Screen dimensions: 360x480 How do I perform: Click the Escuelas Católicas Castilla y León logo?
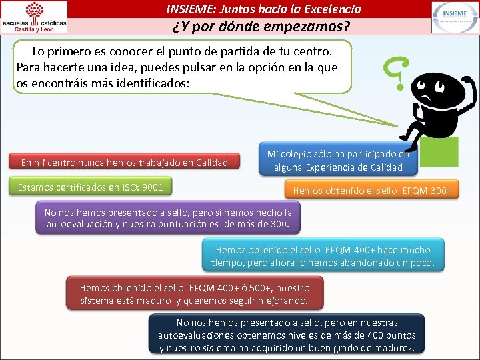point(35,17)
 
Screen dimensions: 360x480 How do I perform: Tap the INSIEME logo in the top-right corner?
point(454,17)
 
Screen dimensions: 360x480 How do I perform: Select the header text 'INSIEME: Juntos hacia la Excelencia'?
point(264,9)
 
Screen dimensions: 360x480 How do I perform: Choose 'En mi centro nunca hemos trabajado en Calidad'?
point(125,162)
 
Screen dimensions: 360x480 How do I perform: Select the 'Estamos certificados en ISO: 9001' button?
point(91,187)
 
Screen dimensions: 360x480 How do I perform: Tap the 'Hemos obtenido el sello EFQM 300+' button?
point(372,191)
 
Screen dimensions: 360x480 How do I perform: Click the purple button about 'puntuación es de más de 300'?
point(168,218)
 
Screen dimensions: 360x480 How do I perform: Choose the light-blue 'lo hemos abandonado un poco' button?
point(323,256)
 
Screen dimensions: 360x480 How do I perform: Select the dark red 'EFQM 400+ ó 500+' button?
point(195,294)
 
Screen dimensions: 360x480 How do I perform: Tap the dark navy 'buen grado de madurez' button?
point(287,335)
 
